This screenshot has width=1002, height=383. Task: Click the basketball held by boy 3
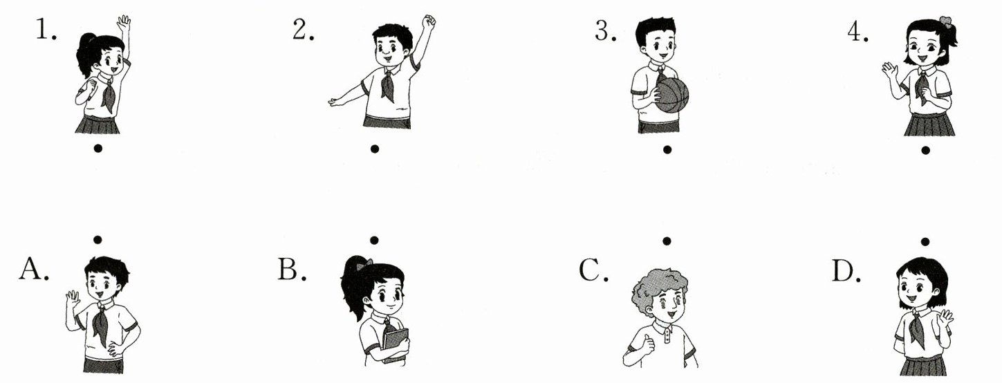[671, 95]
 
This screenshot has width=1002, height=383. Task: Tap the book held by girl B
[396, 346]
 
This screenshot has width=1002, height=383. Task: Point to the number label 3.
[605, 31]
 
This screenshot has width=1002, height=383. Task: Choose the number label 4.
[857, 32]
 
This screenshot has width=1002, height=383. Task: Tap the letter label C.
[593, 270]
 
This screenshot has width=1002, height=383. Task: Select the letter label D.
[846, 270]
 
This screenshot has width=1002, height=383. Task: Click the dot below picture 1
[98, 148]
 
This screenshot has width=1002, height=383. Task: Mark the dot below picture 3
[667, 149]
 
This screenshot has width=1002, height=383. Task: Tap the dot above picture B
[374, 241]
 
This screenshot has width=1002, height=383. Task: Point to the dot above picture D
[925, 241]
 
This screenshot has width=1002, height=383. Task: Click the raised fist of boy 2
[429, 22]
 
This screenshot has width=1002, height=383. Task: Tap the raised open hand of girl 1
[124, 23]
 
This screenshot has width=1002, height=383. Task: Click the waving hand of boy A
[73, 298]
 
